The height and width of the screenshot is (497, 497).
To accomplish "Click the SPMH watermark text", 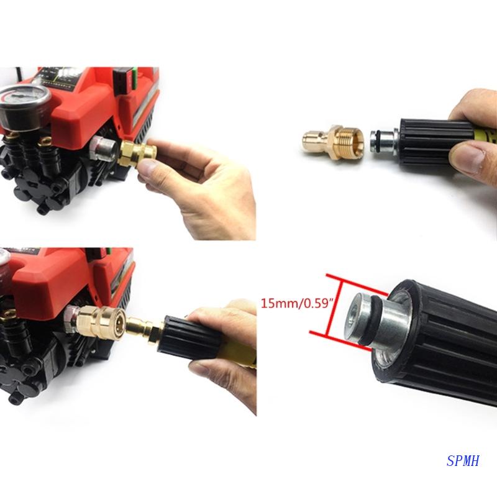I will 463,460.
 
